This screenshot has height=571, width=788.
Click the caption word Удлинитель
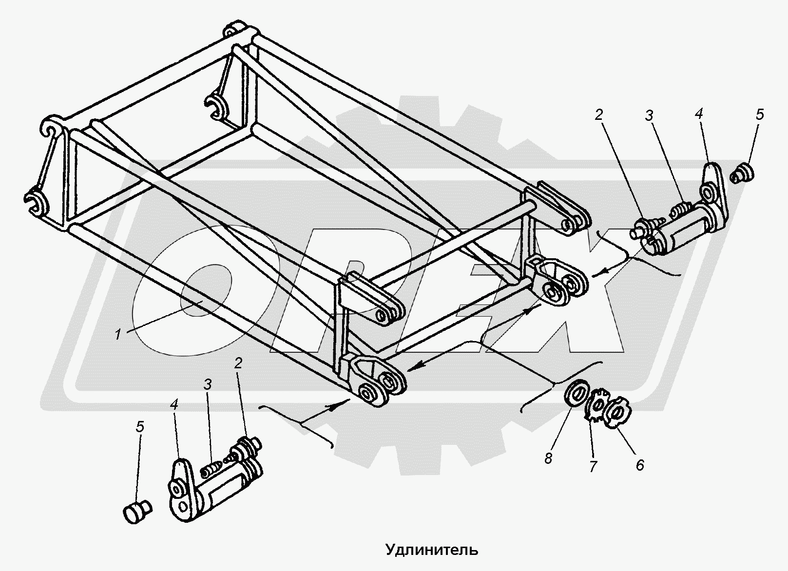[x=432, y=550]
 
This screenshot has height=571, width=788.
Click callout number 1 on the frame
[x=118, y=334]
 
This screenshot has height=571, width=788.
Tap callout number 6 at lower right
[x=639, y=465]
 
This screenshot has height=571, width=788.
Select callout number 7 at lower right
[x=593, y=466]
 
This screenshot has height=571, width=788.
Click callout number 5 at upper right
[x=760, y=114]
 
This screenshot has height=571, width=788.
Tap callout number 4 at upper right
[x=699, y=114]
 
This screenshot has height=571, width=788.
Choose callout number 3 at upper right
[x=650, y=115]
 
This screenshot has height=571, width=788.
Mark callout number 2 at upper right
[x=599, y=114]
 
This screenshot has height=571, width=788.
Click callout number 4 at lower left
[x=174, y=404]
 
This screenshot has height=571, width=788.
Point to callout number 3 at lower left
[x=208, y=384]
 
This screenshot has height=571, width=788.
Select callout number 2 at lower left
[x=238, y=363]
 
